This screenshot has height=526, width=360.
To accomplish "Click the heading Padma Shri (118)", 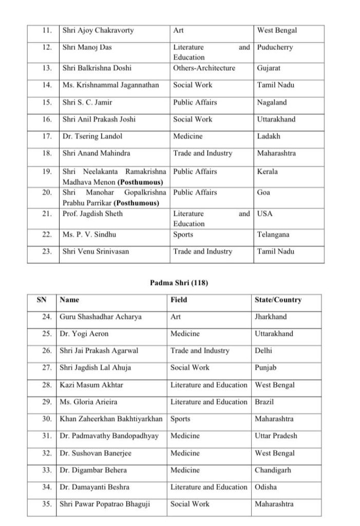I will click(x=179, y=283).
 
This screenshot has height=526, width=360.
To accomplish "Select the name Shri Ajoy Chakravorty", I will click(x=98, y=30).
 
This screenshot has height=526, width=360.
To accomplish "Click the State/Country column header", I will click(x=278, y=300).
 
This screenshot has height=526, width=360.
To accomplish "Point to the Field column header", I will click(x=179, y=300).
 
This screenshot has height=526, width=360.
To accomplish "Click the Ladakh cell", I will click(x=268, y=136).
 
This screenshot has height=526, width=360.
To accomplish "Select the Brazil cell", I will click(x=264, y=402).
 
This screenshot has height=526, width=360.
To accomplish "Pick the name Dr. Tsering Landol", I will click(x=92, y=136).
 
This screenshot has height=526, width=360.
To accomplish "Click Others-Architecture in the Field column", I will click(x=204, y=68).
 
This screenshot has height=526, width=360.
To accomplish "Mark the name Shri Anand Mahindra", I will click(x=96, y=153).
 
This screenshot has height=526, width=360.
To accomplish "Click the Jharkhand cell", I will click(x=271, y=317).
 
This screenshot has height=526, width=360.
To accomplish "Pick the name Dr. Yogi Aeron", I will click(x=84, y=334).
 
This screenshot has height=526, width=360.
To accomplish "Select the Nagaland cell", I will click(x=272, y=102).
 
